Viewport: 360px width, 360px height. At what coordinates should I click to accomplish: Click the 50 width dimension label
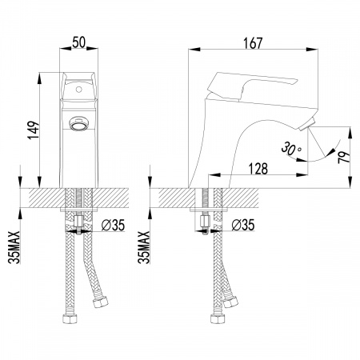click(78, 42)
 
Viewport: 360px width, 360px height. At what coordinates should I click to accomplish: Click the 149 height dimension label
click(34, 130)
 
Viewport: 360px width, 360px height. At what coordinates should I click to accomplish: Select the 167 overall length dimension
click(253, 43)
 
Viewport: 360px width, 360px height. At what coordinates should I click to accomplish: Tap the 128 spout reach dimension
click(258, 169)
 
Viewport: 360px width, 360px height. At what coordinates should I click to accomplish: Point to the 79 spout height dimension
click(343, 157)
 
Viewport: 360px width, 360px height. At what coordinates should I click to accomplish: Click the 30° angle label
click(291, 149)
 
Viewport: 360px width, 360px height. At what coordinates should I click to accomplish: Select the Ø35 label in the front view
click(113, 226)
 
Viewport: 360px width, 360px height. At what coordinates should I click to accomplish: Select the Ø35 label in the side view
click(243, 226)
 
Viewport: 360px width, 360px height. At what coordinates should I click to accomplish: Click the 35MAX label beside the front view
click(14, 247)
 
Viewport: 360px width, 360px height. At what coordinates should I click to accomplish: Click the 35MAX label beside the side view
click(144, 247)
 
